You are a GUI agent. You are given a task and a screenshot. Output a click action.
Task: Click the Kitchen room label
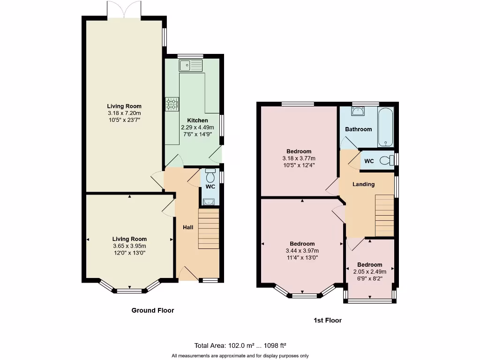click(x=197, y=120)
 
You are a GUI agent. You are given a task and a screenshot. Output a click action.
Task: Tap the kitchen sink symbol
click(x=190, y=65)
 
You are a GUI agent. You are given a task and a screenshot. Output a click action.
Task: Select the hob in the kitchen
click(x=172, y=104)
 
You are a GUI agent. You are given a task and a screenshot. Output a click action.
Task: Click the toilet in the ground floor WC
click(x=210, y=176)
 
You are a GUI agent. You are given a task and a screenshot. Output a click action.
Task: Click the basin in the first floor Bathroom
click(x=359, y=112)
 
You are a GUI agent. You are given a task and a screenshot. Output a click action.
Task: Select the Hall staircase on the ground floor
click(x=209, y=229)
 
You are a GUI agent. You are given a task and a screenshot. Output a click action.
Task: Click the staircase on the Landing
click(x=384, y=215)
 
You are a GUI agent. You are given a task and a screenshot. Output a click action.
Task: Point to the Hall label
click(x=188, y=227)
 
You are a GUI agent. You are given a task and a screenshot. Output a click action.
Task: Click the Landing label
click(x=364, y=184)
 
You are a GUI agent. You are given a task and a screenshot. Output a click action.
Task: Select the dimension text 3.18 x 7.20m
click(x=124, y=113)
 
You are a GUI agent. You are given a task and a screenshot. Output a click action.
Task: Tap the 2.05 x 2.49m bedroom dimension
click(x=370, y=271)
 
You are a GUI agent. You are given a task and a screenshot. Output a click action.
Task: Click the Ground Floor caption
click(x=153, y=310)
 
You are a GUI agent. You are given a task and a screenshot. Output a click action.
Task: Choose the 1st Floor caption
click(x=328, y=321)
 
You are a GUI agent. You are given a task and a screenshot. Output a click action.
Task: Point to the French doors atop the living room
click(x=124, y=9)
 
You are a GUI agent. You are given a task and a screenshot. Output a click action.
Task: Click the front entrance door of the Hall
click(x=187, y=274)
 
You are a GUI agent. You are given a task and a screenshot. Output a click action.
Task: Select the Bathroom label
click(x=359, y=129)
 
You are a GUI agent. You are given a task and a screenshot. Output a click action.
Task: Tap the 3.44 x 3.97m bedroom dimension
click(x=302, y=250)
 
